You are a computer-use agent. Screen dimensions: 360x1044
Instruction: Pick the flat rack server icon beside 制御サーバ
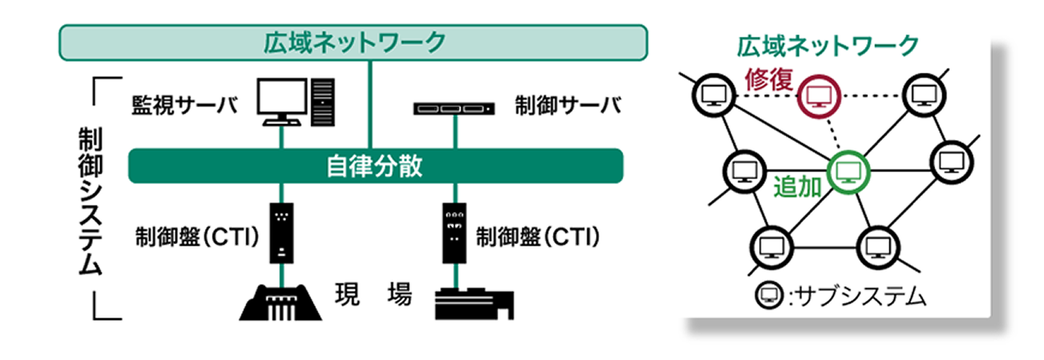pyautogui.click(x=453, y=107)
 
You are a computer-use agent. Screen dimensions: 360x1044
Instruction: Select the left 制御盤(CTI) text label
pyautogui.click(x=197, y=237)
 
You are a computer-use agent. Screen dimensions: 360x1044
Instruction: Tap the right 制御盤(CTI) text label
pyautogui.click(x=538, y=237)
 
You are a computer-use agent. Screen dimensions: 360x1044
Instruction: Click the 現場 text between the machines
pyautogui.click(x=374, y=296)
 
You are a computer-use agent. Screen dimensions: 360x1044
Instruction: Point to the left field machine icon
pyautogui.click(x=281, y=301)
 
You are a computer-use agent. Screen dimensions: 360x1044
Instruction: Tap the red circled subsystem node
pyautogui.click(x=818, y=96)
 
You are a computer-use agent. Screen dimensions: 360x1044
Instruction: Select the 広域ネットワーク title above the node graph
pyautogui.click(x=827, y=46)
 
